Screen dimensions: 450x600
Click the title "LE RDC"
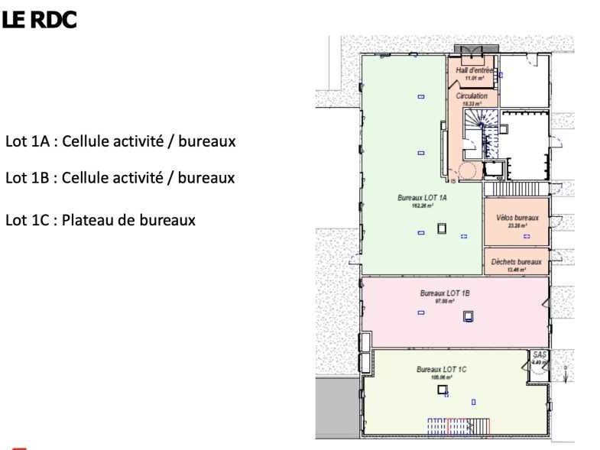39,21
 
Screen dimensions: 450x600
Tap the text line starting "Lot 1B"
120,178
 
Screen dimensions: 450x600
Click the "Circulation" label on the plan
472,97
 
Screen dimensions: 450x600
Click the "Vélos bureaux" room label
517,218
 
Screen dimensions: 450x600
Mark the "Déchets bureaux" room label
517,261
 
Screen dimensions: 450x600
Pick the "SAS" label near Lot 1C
540,356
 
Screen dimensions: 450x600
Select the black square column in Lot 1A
441,228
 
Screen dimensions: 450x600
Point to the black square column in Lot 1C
442,390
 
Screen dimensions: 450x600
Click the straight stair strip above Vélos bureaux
517,188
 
